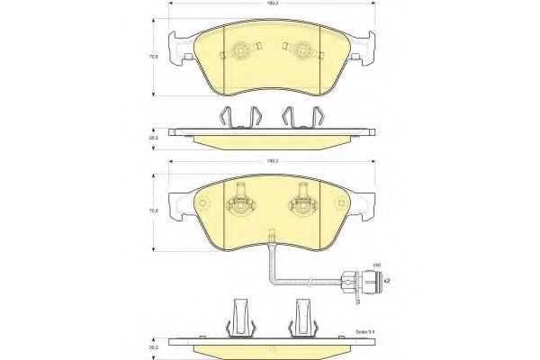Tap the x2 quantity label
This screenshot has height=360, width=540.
(387, 282)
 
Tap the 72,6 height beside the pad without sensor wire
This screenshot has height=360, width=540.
(154, 58)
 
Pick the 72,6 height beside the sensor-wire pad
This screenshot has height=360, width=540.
(154, 210)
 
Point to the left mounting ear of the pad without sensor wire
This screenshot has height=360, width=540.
(185, 49)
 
